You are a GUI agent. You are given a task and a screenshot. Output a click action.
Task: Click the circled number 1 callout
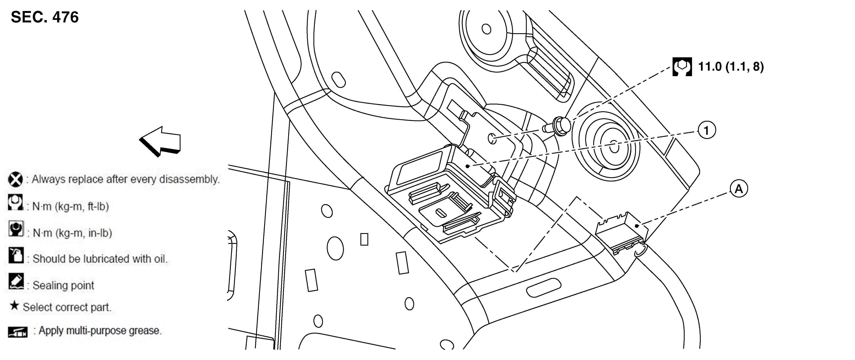[x=707, y=130]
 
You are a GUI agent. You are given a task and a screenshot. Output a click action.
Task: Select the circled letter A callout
[x=739, y=189]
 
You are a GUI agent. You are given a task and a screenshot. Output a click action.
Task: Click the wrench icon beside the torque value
[x=682, y=67]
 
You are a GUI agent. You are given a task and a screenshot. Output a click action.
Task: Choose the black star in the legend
[x=14, y=305]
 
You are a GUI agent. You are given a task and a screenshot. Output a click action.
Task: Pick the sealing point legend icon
[x=16, y=281]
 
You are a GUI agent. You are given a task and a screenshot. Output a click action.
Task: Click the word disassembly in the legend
[x=190, y=180]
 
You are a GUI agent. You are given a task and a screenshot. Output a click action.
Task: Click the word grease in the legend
[x=145, y=331]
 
